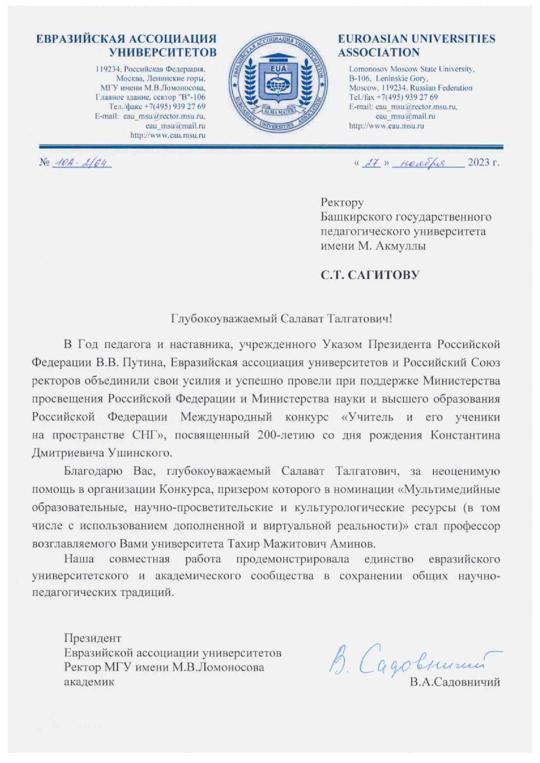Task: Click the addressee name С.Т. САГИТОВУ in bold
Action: coord(370,275)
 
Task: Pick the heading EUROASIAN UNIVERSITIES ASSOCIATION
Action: coord(416,45)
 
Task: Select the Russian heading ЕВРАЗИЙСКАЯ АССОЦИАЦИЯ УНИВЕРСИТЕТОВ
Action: coord(126,45)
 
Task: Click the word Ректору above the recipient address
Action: coord(342,202)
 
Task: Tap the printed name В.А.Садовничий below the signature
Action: coord(455,682)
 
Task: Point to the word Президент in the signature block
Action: coord(92,638)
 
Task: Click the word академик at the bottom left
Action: coord(89,682)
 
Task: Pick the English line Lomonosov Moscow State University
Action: coord(412,69)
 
